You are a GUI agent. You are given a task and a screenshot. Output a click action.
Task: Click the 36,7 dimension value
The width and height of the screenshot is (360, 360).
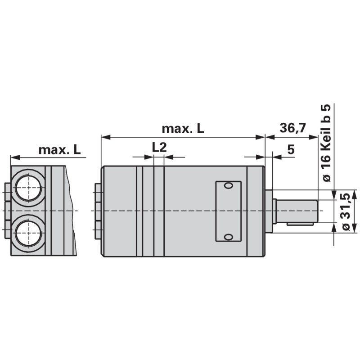point(292,128)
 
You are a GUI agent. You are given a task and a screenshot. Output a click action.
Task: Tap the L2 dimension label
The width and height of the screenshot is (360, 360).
point(159,147)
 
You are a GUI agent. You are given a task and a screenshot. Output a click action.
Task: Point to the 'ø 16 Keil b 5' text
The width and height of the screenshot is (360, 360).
point(327,143)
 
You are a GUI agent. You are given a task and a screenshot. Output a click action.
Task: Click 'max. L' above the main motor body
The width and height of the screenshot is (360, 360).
point(183,129)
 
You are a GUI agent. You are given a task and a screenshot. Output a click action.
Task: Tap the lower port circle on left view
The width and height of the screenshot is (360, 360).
point(29,233)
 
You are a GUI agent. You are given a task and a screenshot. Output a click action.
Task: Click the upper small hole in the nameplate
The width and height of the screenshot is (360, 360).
point(228,186)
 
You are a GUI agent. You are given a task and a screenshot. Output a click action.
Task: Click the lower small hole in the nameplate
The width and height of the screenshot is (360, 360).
point(228,237)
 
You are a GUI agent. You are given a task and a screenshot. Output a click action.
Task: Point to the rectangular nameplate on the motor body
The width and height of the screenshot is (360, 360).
point(228,211)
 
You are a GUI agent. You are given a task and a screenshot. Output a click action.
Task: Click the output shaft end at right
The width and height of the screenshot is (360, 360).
point(318,211)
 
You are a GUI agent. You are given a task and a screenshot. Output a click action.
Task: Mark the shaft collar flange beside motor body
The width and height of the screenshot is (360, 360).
point(269,211)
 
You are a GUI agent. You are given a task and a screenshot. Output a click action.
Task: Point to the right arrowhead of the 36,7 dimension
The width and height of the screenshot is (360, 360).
point(315,137)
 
